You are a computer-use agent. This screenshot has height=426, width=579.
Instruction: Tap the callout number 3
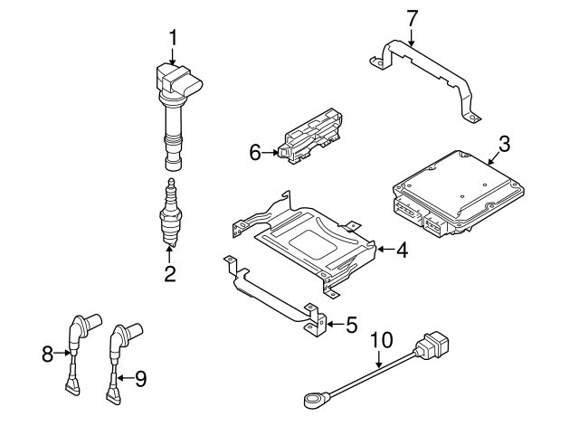pos(505,142)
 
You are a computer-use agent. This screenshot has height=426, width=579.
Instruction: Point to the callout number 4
pos(402,251)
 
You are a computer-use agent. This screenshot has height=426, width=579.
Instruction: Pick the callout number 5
pos(352,323)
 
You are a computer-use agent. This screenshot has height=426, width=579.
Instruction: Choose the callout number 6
pos(255,154)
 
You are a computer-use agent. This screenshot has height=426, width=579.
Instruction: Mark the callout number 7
pos(412,16)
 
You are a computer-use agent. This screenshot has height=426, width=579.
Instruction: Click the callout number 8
pos(47,355)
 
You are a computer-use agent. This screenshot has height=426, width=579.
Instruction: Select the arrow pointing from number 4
pos(384,249)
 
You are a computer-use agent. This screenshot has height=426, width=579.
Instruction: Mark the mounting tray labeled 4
pos(308,240)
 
